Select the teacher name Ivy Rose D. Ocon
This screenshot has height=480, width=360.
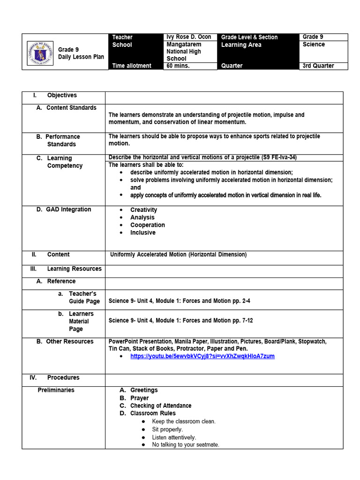click(188, 37)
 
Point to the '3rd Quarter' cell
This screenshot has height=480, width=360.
click(318, 66)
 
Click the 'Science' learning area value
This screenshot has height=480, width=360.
click(314, 45)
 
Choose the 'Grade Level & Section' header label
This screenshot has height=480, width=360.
click(249, 37)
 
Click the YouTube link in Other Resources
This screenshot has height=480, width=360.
click(202, 356)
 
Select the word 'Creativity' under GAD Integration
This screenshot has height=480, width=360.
click(143, 210)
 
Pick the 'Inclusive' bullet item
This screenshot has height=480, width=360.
click(143, 232)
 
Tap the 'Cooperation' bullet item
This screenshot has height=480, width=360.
click(148, 225)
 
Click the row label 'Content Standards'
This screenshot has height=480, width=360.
click(71, 108)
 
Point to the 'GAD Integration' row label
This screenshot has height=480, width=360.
click(68, 210)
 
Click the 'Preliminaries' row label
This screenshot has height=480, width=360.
click(56, 390)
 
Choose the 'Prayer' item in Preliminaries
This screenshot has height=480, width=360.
click(139, 398)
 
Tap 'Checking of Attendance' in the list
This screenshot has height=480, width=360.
click(161, 405)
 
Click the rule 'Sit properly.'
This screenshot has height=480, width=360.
click(167, 429)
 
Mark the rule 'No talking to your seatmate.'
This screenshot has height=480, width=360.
click(186, 445)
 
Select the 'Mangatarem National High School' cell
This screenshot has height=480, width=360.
click(184, 52)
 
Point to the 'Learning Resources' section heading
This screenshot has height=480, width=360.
click(74, 269)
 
